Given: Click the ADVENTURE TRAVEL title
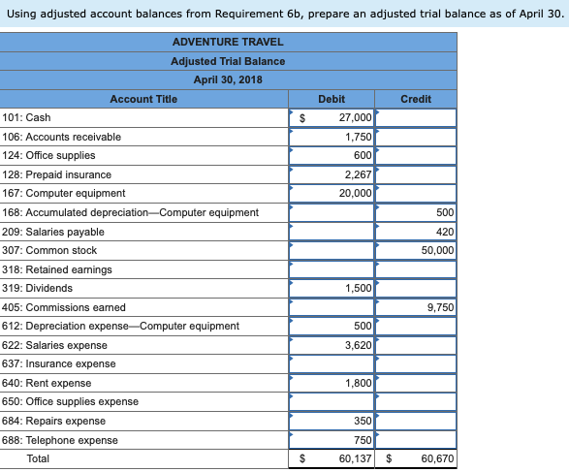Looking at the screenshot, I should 228,43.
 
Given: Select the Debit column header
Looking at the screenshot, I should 332,99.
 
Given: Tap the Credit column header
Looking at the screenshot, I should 416,99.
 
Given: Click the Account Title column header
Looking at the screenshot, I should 143,99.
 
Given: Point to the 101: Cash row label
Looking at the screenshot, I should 26,117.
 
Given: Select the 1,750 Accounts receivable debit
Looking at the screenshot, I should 359,137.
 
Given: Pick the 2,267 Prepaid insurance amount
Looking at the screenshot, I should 359,174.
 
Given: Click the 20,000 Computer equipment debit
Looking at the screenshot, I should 356,193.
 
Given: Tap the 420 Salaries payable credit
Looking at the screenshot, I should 445,232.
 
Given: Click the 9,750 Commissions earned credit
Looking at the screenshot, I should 441,307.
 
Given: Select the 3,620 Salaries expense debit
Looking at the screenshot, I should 359,345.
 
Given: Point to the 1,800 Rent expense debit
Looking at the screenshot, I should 359,383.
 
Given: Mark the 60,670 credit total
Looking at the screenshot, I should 437,458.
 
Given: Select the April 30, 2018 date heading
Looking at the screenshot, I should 228,79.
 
